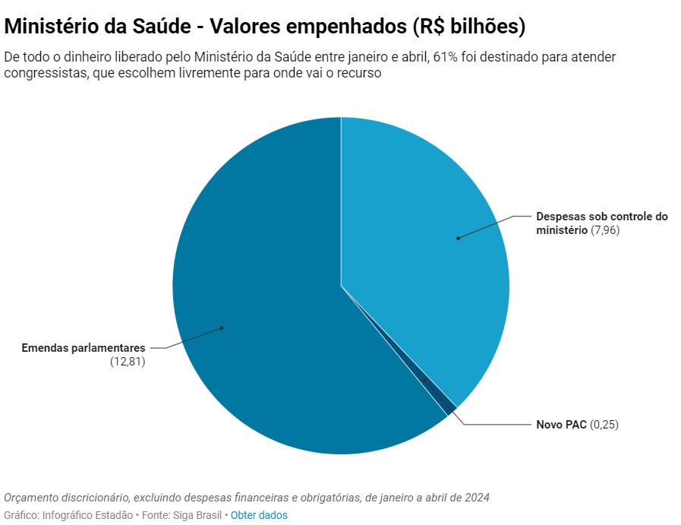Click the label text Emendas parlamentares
tap(84, 348)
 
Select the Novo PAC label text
tap(562, 425)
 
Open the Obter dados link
tap(259, 515)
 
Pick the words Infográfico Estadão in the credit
tap(87, 515)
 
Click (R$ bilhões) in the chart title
tap(468, 27)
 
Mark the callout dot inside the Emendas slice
tap(222, 328)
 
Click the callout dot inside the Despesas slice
tap(458, 238)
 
